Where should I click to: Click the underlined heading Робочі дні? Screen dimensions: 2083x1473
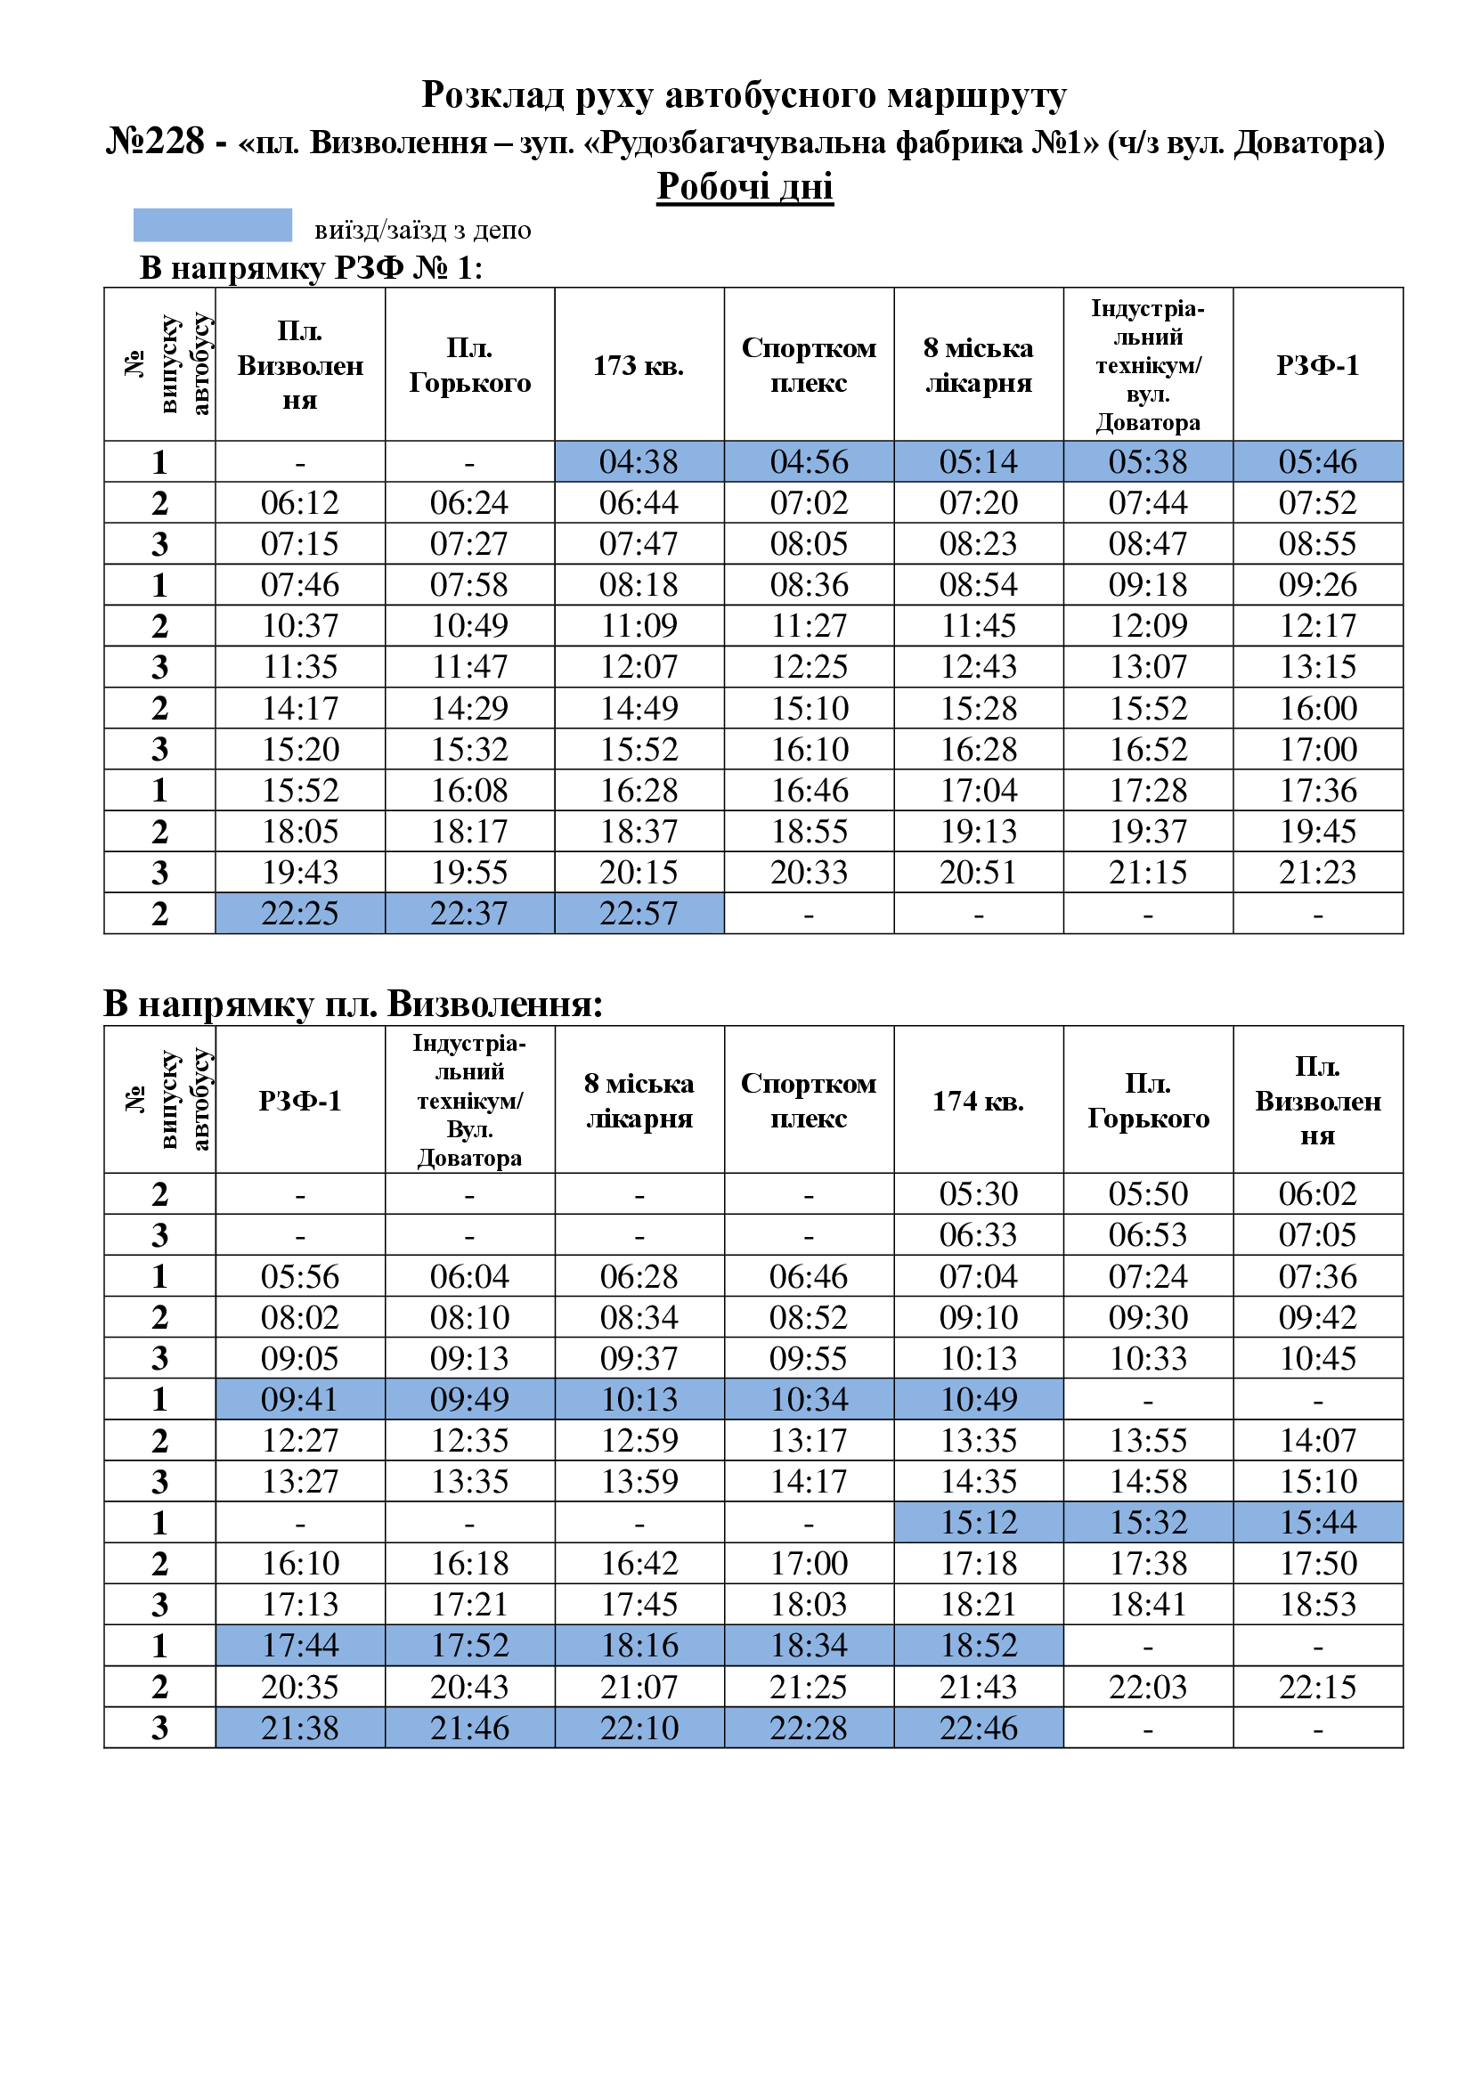click(x=744, y=187)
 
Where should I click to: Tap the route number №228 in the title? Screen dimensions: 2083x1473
click(x=155, y=142)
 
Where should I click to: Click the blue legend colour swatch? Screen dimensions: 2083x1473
click(x=212, y=225)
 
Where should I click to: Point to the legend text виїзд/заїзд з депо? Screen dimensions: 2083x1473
click(x=422, y=230)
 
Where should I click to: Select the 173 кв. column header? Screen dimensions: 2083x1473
click(x=639, y=366)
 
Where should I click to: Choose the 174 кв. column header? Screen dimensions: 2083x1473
click(x=978, y=1101)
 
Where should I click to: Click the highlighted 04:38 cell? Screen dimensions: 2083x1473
click(x=639, y=462)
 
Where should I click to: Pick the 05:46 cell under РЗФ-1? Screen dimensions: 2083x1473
click(x=1317, y=462)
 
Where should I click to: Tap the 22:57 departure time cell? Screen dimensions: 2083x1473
click(x=639, y=913)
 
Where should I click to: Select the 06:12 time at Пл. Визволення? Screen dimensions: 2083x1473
click(x=299, y=502)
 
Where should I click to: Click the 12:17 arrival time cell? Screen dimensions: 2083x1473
click(x=1317, y=626)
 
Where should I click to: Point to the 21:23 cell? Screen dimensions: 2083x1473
click(x=1317, y=872)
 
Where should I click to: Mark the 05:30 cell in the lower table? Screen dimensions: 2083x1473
click(x=978, y=1194)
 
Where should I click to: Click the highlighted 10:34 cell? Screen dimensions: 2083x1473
click(x=808, y=1399)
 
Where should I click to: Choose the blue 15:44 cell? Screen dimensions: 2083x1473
click(x=1317, y=1522)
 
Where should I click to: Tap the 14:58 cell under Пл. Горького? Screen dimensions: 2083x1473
click(x=1147, y=1482)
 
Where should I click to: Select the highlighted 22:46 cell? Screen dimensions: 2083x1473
click(x=978, y=1728)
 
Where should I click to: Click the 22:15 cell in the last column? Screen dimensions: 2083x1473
click(x=1317, y=1687)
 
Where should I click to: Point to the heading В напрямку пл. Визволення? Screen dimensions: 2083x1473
click(x=353, y=1004)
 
